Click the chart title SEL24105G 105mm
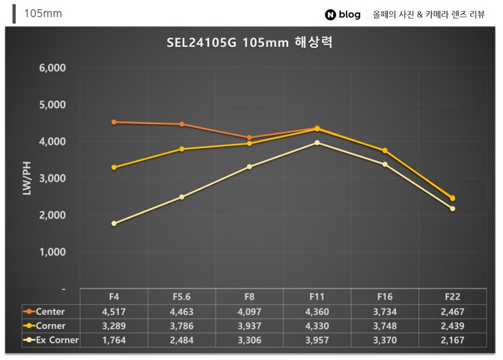249,43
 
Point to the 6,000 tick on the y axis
53,68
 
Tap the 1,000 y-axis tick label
53,252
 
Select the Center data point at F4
114,122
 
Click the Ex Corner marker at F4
114,224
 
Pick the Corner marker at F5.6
182,149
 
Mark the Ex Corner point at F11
317,143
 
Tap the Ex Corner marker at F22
453,209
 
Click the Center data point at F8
249,138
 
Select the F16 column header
385,297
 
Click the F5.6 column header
182,297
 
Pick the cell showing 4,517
114,311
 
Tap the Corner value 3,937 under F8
249,326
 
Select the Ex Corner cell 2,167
453,340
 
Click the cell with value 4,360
317,311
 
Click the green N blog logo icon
330,15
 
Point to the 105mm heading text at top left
43,14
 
